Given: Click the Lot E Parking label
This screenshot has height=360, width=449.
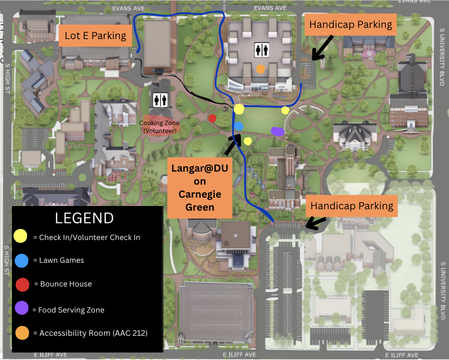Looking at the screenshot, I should pyautogui.click(x=95, y=36).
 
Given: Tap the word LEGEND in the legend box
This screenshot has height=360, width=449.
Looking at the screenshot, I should pyautogui.click(x=84, y=218).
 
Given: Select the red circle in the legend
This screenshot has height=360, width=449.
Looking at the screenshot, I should pyautogui.click(x=22, y=284).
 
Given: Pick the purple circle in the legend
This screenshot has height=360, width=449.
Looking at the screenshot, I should pyautogui.click(x=21, y=308).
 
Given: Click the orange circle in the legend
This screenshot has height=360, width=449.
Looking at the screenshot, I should pyautogui.click(x=21, y=333).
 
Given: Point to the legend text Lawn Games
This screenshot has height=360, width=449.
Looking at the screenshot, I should pyautogui.click(x=61, y=260).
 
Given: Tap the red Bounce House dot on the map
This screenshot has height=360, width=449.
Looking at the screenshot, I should pyautogui.click(x=212, y=118).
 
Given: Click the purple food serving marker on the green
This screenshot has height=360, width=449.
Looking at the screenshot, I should pyautogui.click(x=277, y=132).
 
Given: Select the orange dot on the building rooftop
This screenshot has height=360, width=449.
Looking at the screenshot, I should pyautogui.click(x=260, y=69).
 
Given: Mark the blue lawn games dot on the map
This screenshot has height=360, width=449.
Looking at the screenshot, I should pyautogui.click(x=239, y=126).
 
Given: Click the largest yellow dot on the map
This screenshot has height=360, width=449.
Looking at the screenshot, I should pyautogui.click(x=239, y=109).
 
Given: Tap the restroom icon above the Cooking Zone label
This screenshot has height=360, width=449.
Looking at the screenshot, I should pyautogui.click(x=160, y=100).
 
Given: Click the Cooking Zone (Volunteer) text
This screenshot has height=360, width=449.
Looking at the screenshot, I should pyautogui.click(x=159, y=127).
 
